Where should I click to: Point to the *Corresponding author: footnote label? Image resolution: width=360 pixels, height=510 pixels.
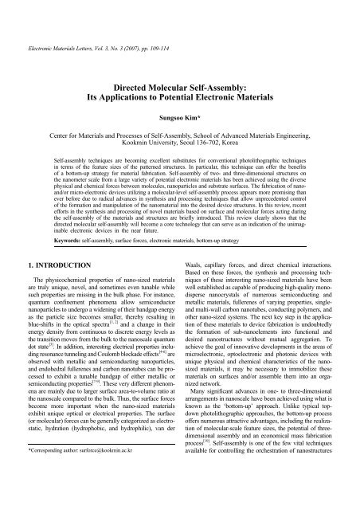tap(51, 495)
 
